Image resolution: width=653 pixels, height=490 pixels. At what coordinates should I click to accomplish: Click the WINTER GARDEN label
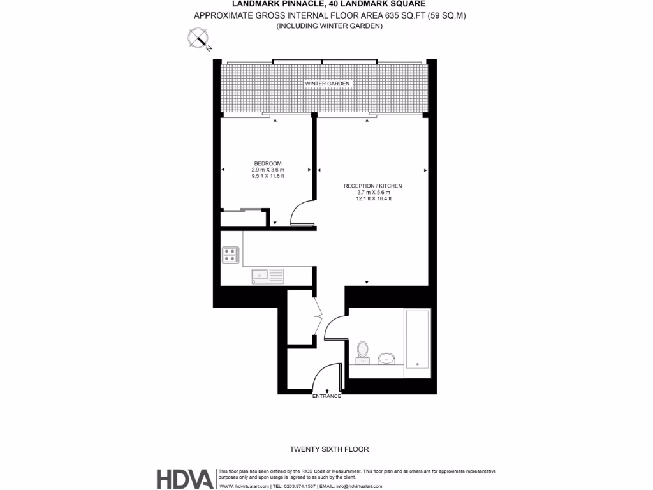(x=328, y=84)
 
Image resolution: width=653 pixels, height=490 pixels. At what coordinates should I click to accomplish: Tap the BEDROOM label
(x=267, y=163)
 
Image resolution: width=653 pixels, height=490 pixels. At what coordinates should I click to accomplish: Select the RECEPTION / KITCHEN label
(x=373, y=186)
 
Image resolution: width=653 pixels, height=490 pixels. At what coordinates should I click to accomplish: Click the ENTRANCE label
(x=326, y=396)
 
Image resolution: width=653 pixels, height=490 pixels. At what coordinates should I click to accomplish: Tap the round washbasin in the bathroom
(x=387, y=359)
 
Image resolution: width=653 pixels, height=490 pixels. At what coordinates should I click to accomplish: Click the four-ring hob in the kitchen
(x=230, y=255)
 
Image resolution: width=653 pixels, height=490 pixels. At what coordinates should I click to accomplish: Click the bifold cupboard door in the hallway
(x=318, y=316)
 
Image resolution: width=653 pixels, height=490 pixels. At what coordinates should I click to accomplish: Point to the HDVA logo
(x=186, y=479)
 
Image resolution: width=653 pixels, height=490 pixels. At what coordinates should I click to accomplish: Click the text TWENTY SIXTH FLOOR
(x=329, y=449)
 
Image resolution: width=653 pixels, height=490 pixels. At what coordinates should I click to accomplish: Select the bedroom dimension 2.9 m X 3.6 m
(x=268, y=170)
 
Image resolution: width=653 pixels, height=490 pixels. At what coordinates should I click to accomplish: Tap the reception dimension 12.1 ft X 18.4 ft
(x=373, y=198)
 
